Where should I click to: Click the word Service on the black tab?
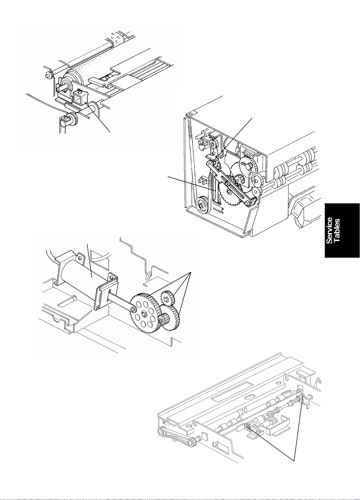point(329,230)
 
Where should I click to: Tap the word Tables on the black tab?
point(336,230)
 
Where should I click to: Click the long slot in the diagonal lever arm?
point(232,184)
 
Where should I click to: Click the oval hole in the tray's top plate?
point(249,397)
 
